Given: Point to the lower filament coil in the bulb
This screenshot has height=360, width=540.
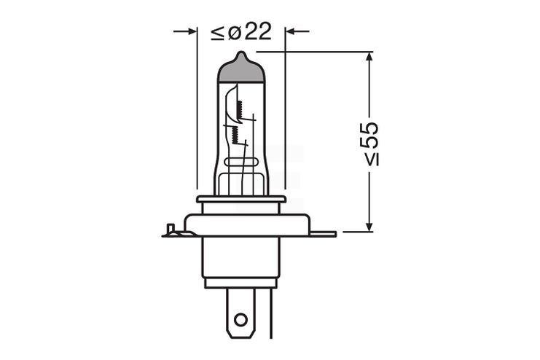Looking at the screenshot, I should point(235,134).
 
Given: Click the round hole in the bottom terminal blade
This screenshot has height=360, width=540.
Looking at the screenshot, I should point(240,318).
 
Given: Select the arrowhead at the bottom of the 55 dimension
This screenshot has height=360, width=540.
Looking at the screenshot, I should point(370,226).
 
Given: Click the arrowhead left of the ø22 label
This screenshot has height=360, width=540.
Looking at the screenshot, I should point(192,31).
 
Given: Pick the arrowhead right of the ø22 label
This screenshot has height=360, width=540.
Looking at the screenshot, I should point(290,31).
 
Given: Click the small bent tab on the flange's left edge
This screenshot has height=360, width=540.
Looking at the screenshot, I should point(171,231).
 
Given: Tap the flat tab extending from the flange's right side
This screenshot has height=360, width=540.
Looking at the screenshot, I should point(323,234).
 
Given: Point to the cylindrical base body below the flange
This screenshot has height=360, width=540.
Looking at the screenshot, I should point(240,258).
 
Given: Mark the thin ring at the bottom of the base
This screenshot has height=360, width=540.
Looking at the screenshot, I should point(240,283).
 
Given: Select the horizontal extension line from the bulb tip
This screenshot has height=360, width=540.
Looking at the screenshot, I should point(313,52).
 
